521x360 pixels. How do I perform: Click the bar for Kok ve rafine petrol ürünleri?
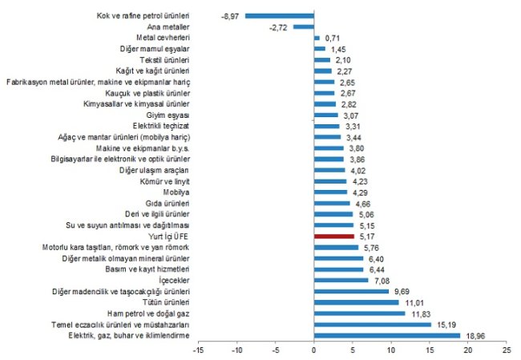(x=279, y=15)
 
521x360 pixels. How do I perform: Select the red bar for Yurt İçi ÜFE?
(x=333, y=237)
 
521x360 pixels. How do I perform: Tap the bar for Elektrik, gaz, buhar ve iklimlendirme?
(x=386, y=335)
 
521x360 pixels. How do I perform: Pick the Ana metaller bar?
(x=303, y=26)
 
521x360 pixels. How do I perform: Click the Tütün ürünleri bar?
(x=356, y=302)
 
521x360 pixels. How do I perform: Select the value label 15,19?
(x=445, y=325)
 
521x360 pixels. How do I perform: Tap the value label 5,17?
(x=368, y=237)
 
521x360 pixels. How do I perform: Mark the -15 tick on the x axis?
(x=198, y=350)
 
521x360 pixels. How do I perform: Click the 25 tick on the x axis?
(x=505, y=350)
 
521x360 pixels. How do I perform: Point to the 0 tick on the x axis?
(x=313, y=350)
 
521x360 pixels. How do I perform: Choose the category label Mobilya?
(x=176, y=192)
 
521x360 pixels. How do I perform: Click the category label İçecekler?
(x=174, y=281)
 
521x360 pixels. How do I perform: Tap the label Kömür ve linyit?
(x=166, y=181)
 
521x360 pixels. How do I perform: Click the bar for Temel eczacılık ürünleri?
(x=372, y=325)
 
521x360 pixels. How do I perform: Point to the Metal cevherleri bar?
(x=317, y=38)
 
